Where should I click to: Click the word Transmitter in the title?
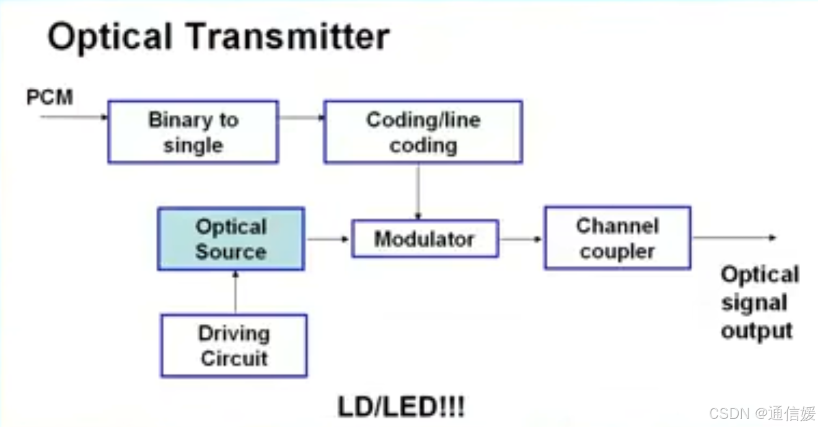pyautogui.click(x=289, y=37)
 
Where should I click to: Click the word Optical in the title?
pyautogui.click(x=109, y=37)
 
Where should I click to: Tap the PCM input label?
pyautogui.click(x=50, y=97)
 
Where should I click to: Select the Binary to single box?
pyautogui.click(x=193, y=132)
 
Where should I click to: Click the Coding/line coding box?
pyautogui.click(x=423, y=132)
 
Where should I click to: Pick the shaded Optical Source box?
pyautogui.click(x=231, y=239)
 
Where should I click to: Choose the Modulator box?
pyautogui.click(x=424, y=238)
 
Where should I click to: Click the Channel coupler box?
pyautogui.click(x=617, y=238)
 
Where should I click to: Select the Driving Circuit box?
pyautogui.click(x=234, y=346)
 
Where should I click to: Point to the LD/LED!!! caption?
pyautogui.click(x=401, y=407)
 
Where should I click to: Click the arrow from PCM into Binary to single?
pyautogui.click(x=74, y=116)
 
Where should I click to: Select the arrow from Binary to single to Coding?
pyautogui.click(x=301, y=116)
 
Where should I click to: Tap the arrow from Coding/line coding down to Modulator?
pyautogui.click(x=418, y=191)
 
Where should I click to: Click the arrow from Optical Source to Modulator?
pyautogui.click(x=327, y=239)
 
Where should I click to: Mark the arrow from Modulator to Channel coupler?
pyautogui.click(x=521, y=239)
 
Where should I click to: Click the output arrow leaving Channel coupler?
pyautogui.click(x=734, y=238)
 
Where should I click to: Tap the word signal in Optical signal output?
pyautogui.click(x=754, y=303)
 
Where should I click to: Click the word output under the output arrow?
pyautogui.click(x=757, y=331)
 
